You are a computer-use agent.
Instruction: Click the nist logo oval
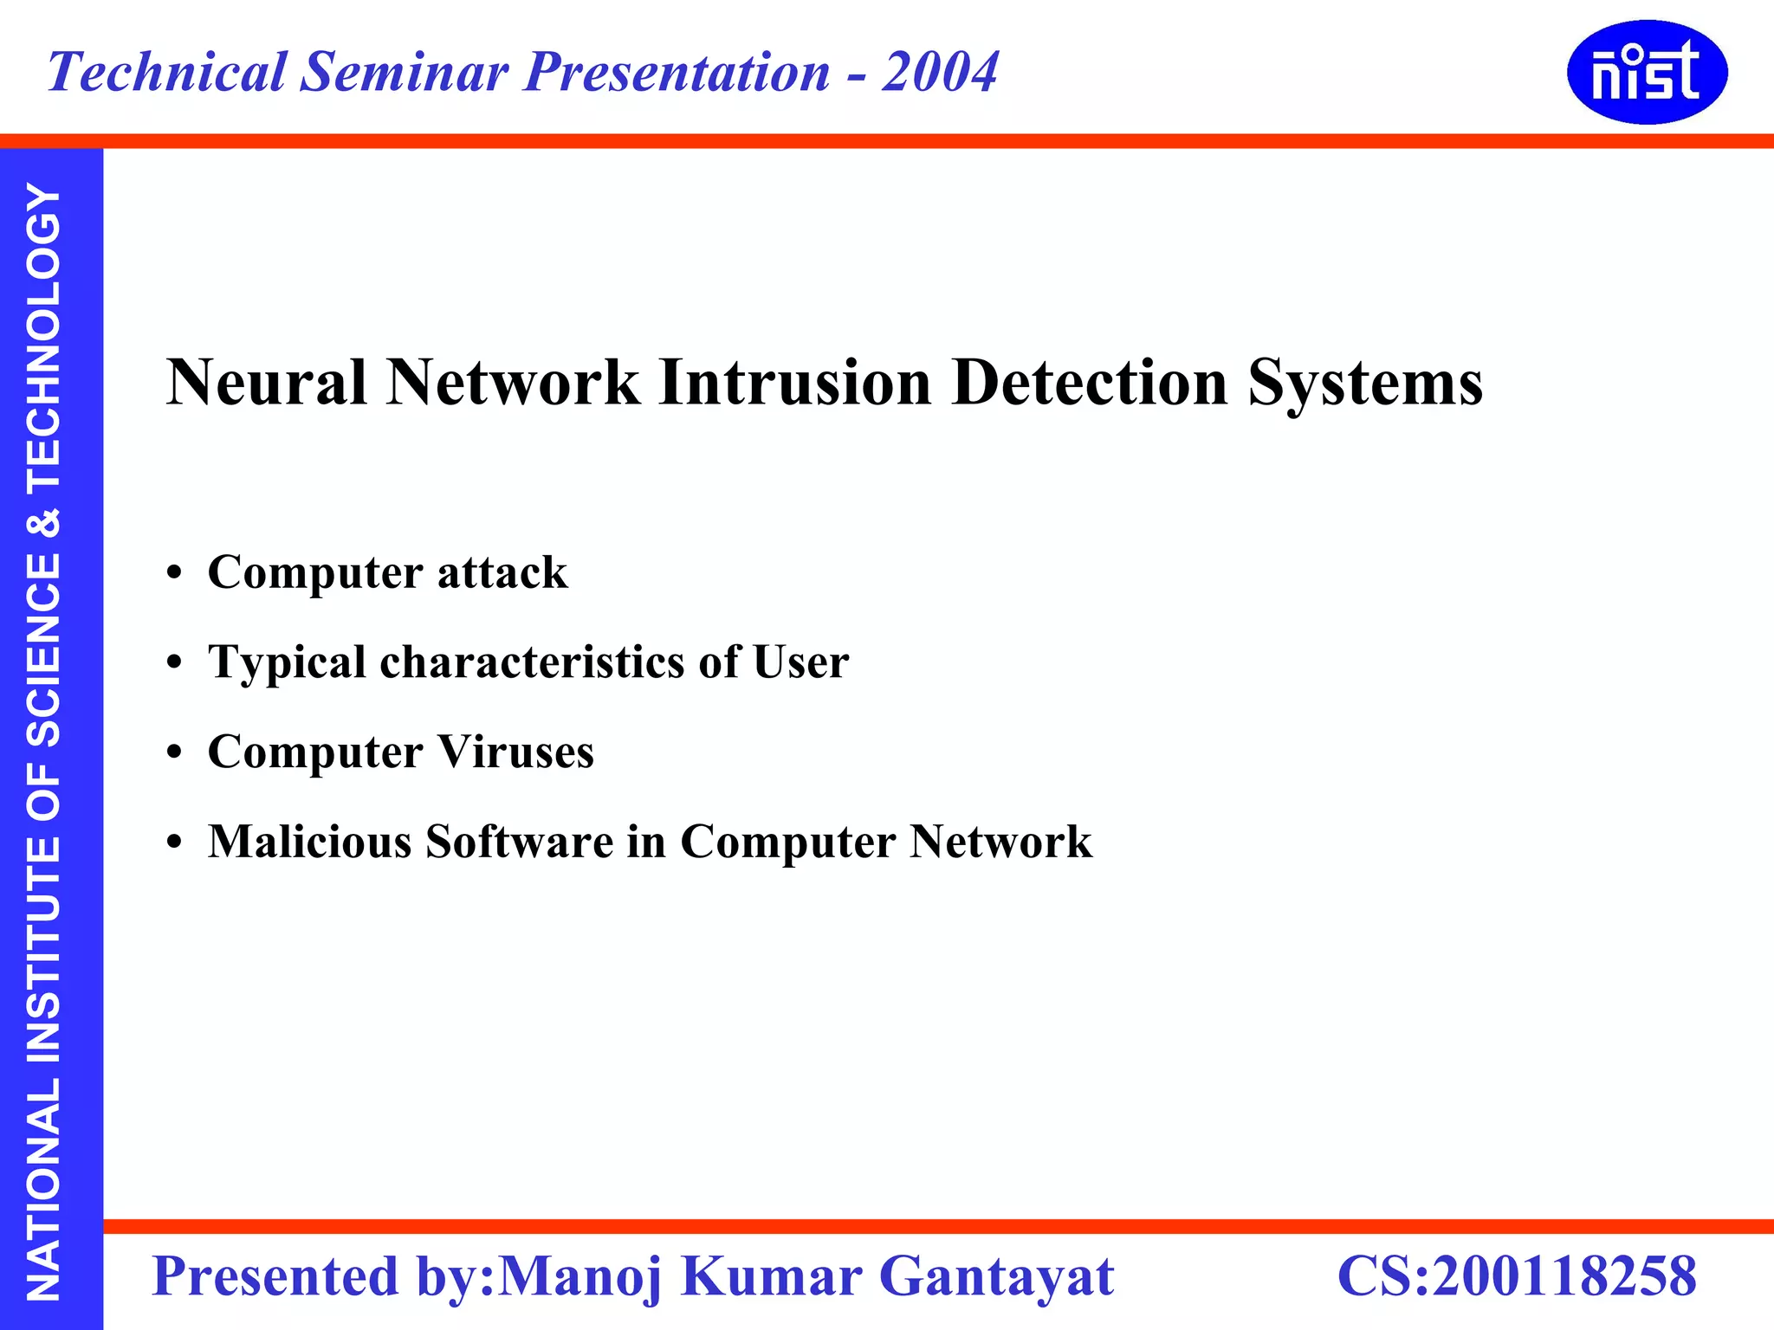[1647, 73]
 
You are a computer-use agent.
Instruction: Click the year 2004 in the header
[940, 72]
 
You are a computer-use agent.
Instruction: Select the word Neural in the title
[266, 383]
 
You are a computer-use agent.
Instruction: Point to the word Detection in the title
[1090, 383]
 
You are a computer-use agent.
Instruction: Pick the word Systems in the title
[1365, 383]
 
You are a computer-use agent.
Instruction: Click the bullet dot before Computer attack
[175, 573]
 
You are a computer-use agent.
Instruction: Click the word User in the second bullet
[800, 663]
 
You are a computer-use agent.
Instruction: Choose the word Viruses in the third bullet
[515, 752]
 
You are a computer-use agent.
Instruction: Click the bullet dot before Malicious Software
[175, 843]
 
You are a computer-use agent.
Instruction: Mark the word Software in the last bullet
[520, 843]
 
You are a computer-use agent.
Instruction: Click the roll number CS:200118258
[1517, 1276]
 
